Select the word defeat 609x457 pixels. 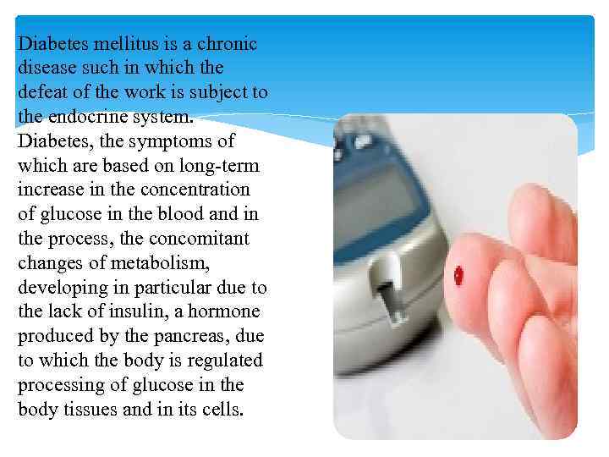[x=42, y=91]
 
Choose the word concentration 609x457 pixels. [x=206, y=190]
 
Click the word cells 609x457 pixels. [x=221, y=410]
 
